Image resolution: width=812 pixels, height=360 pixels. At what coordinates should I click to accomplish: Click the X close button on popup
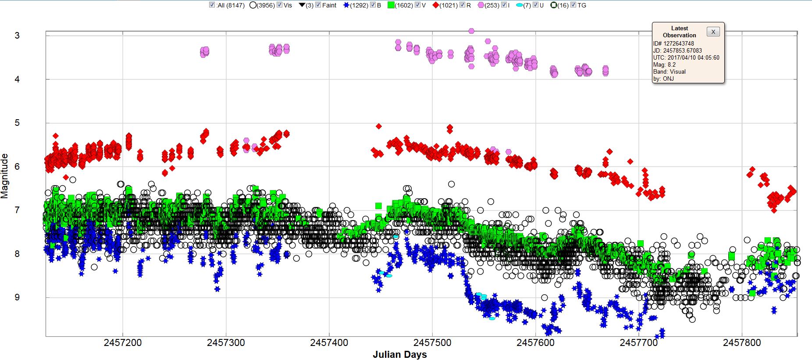click(713, 32)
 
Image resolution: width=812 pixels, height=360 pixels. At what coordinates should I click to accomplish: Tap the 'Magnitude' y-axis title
click(5, 176)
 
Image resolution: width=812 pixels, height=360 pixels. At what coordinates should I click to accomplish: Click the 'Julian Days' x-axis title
click(399, 354)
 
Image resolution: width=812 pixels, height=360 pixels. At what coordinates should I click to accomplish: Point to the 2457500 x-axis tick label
click(432, 342)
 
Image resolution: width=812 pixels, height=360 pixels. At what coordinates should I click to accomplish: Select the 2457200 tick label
click(123, 342)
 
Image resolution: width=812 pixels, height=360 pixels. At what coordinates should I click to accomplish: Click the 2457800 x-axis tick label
click(742, 342)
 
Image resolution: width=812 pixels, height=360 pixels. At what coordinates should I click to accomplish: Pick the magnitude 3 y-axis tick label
click(17, 36)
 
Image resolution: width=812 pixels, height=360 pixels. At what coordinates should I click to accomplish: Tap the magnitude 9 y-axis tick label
click(17, 297)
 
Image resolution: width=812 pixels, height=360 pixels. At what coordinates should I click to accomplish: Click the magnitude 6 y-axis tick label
click(17, 167)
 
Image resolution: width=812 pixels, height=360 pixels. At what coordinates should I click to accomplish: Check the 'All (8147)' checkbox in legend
click(212, 5)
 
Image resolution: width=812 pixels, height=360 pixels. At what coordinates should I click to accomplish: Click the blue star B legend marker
click(346, 5)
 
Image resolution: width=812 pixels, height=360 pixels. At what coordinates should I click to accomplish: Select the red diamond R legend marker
click(436, 5)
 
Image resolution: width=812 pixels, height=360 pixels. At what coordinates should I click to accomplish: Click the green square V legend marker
click(391, 5)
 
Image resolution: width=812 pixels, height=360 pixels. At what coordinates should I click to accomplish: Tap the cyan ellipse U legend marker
click(520, 5)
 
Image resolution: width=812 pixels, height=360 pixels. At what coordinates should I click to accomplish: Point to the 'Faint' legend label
click(329, 5)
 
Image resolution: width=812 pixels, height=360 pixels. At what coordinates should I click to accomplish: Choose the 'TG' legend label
click(582, 5)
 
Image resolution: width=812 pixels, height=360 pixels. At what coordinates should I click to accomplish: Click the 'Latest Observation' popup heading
click(679, 32)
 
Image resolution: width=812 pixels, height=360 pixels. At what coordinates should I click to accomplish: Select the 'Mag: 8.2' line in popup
click(664, 64)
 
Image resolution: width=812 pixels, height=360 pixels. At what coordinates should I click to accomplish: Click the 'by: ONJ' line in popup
click(663, 78)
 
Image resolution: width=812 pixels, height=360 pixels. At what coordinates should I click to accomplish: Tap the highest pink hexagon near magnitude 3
click(471, 31)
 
